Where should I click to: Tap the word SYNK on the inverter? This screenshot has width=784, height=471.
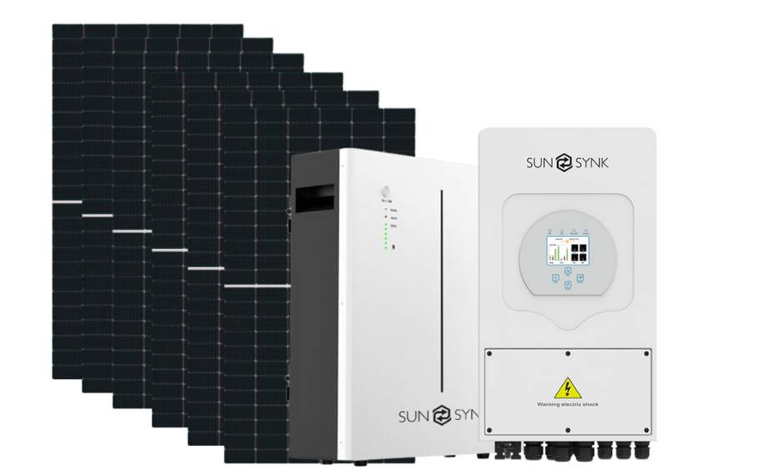(591, 162)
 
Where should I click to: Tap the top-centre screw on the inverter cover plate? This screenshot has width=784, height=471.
(567, 353)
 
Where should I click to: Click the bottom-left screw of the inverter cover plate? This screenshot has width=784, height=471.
(489, 430)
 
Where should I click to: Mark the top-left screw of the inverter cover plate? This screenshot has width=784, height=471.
(489, 353)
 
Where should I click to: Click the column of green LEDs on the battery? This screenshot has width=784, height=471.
(385, 235)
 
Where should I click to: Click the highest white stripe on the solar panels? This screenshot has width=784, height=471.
(67, 202)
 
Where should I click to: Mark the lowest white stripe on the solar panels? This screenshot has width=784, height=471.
(257, 286)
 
